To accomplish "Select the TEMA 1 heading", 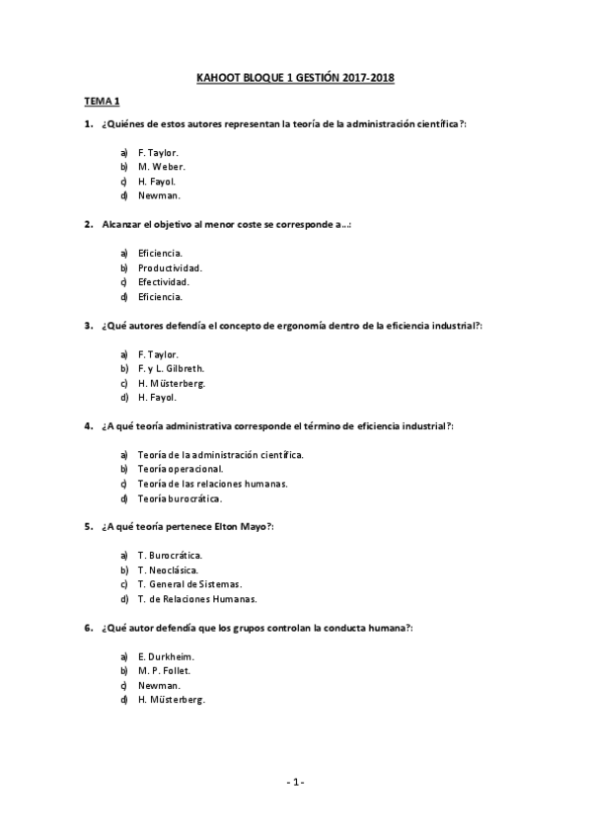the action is [x=101, y=102].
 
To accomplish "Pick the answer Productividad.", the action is [x=171, y=267].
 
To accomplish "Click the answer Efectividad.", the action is [x=164, y=281].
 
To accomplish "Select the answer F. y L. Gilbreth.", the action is [x=172, y=368].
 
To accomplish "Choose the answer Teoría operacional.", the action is [x=181, y=469].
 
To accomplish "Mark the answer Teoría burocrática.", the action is [x=180, y=498].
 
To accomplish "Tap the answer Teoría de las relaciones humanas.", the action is [x=213, y=484].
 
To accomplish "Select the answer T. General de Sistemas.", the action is [x=190, y=584].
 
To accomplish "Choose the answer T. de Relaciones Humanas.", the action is [x=197, y=598].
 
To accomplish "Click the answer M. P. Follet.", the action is [x=165, y=670].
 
